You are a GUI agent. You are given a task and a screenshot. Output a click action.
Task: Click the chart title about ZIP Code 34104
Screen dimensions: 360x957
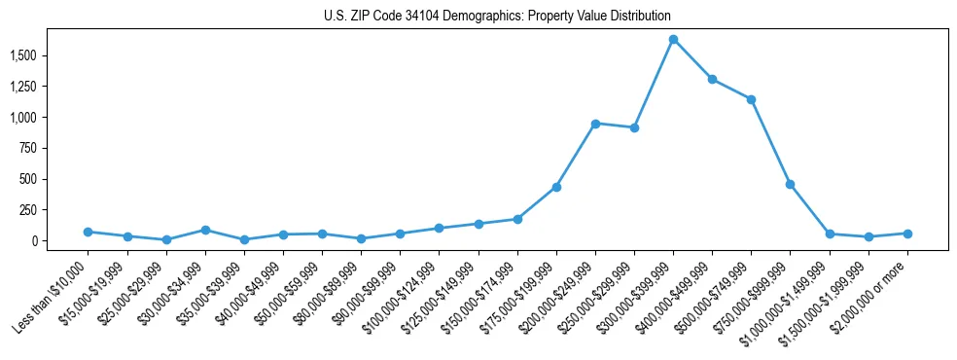497,17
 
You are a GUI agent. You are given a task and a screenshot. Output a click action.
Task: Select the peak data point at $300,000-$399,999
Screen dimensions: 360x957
673,39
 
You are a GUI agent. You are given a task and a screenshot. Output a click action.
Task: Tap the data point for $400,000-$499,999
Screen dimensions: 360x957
712,79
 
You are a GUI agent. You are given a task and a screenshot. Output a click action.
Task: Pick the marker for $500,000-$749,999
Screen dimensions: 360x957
751,99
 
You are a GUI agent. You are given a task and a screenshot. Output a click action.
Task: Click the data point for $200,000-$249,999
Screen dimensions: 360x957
595,124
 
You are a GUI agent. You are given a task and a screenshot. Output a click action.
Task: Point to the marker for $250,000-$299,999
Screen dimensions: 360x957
634,127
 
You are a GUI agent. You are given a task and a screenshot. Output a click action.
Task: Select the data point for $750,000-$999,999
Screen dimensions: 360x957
790,184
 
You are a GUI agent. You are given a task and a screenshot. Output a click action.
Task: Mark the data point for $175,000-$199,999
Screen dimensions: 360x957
556,187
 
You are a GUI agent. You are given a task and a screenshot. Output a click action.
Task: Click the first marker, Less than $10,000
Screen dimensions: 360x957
88,232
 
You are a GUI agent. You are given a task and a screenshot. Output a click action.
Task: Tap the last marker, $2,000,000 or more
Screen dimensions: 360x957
907,234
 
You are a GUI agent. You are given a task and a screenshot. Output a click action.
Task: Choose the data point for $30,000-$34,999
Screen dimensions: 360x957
205,230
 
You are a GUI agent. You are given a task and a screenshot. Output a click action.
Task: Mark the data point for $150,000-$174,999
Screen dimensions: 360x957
517,219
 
